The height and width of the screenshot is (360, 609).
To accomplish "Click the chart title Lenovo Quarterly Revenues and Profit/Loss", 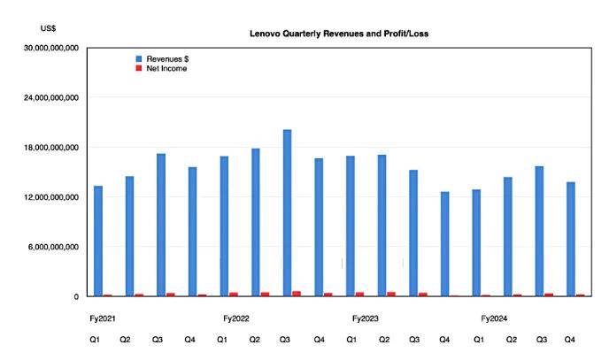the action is [x=339, y=34].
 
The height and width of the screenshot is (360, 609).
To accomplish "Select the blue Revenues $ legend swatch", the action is [x=139, y=59].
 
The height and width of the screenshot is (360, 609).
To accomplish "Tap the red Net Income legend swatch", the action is [x=139, y=68].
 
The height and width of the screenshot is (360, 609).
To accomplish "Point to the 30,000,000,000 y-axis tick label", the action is [x=51, y=48].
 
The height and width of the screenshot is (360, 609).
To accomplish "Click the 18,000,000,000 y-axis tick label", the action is [x=51, y=148].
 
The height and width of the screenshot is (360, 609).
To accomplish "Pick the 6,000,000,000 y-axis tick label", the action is [x=53, y=247].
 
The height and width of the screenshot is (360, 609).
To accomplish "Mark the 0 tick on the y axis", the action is [x=76, y=297].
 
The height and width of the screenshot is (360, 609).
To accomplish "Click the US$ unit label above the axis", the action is [x=48, y=28].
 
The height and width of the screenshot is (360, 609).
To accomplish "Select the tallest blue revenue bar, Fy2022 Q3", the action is [x=288, y=213].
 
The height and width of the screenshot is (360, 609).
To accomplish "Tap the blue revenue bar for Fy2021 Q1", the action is [x=98, y=241].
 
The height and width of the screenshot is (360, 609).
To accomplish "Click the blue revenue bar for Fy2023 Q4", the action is [x=444, y=244].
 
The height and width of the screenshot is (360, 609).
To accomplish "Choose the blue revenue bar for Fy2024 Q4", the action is [x=571, y=240].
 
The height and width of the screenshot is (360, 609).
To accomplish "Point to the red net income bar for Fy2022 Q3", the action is [x=297, y=294].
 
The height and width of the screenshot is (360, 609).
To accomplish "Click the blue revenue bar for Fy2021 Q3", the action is [x=161, y=225].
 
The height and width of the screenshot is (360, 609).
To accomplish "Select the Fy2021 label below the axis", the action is [x=103, y=318].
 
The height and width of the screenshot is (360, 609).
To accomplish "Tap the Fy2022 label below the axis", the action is [x=236, y=318].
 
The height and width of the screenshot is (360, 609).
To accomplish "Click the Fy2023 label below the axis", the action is [x=365, y=318].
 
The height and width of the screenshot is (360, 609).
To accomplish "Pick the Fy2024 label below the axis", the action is [x=494, y=318].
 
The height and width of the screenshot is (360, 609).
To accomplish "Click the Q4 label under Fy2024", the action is [x=569, y=340].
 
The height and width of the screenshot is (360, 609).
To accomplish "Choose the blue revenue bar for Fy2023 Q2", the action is [x=382, y=226].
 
